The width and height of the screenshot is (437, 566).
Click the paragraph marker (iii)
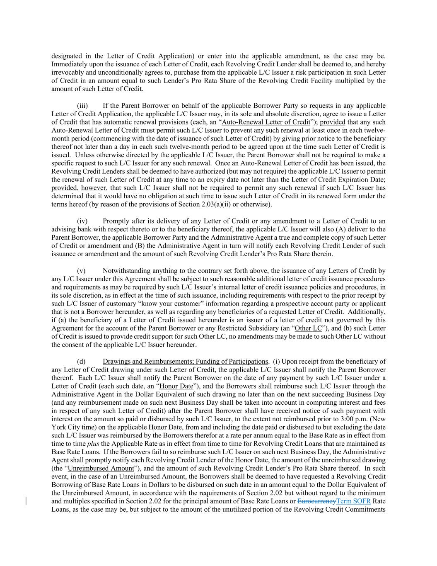(82, 106)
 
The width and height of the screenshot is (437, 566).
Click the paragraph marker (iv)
(82, 221)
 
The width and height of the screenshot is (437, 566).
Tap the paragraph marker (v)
(82, 271)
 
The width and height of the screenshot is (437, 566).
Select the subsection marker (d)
(82, 362)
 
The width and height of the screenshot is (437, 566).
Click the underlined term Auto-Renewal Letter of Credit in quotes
(266, 122)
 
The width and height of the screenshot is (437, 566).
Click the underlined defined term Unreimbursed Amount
(101, 469)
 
